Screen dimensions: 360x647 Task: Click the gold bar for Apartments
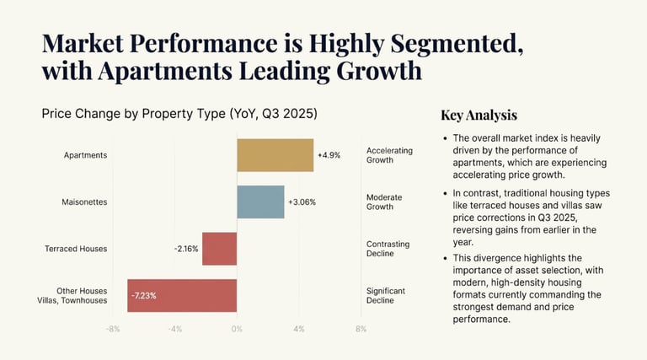[275, 155]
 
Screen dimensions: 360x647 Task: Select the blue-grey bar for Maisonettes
[260, 201]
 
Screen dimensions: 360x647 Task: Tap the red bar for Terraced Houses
[220, 249]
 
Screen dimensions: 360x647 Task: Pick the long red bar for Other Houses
[182, 295]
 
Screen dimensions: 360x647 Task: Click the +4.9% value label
[329, 155]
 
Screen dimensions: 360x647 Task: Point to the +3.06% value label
[302, 202]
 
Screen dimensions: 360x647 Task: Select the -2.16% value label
[186, 249]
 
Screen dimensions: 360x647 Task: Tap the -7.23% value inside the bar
[143, 296]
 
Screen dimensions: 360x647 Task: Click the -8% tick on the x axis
[113, 329]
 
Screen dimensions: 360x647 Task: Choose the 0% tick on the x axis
[237, 329]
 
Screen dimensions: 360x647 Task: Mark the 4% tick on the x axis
[299, 329]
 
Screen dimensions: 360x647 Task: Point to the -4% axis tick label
[174, 329]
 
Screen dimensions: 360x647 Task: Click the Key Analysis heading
[479, 116]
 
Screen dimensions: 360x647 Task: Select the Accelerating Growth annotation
[389, 155]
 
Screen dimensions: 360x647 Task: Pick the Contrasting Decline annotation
[388, 249]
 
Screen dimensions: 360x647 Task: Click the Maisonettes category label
[83, 202]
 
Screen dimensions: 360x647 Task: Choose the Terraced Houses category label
[76, 249]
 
